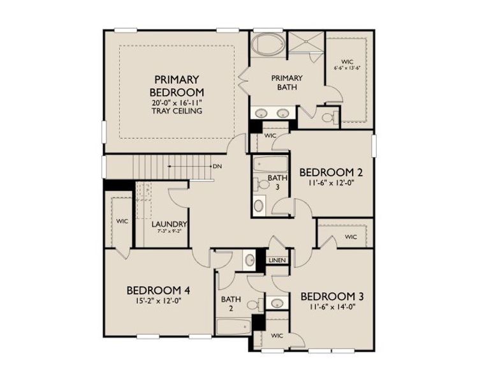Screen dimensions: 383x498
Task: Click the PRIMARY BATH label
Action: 286,82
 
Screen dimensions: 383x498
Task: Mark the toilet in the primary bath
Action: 326,117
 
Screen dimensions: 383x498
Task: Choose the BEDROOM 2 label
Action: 331,172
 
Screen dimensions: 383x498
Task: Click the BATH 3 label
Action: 277,182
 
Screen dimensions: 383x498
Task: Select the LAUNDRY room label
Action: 169,224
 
